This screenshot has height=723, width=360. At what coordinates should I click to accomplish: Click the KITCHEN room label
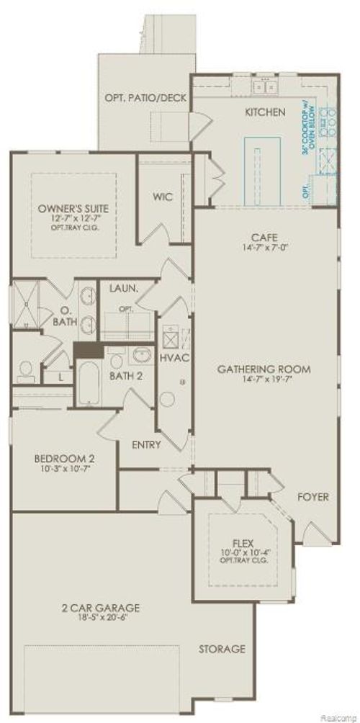pyautogui.click(x=266, y=112)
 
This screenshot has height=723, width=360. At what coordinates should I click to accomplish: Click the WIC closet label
pyautogui.click(x=163, y=196)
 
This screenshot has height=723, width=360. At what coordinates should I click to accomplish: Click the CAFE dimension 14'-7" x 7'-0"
pyautogui.click(x=260, y=248)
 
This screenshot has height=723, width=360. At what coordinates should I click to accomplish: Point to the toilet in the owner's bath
pyautogui.click(x=24, y=371)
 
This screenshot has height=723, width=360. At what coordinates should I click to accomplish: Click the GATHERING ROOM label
pyautogui.click(x=264, y=369)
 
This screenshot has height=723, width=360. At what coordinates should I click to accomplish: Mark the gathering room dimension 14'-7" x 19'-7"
pyautogui.click(x=264, y=381)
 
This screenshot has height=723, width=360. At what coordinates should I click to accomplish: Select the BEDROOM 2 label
pyautogui.click(x=66, y=458)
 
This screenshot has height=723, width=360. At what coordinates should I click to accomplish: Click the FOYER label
pyautogui.click(x=314, y=497)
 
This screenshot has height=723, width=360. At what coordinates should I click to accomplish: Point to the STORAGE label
pyautogui.click(x=222, y=649)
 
